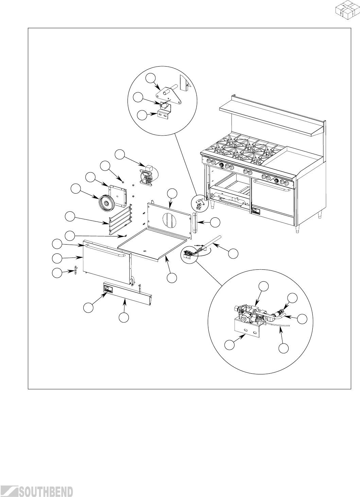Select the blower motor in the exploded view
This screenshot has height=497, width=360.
pyautogui.click(x=147, y=176)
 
